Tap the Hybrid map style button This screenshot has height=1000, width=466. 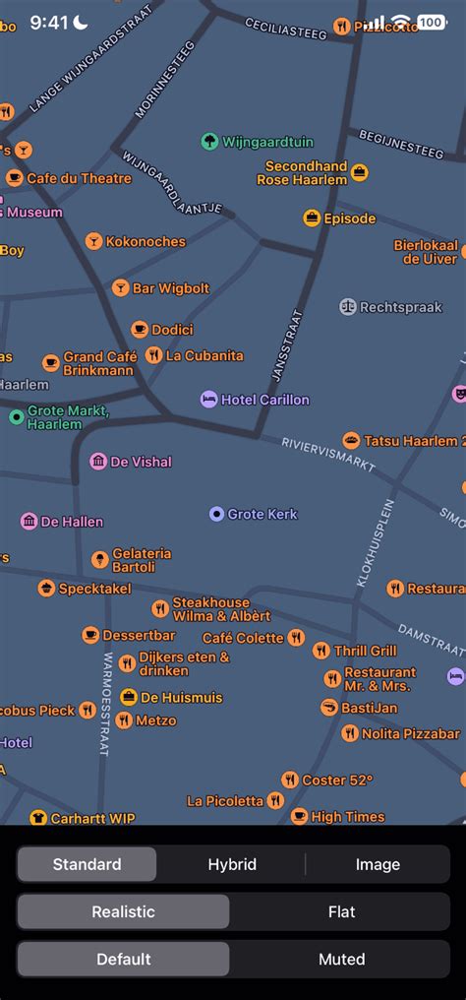[x=232, y=864]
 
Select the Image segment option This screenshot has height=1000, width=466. [x=378, y=864]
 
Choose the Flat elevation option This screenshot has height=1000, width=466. [x=341, y=911]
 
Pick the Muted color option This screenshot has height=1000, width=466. [x=341, y=959]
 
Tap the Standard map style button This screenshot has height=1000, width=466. [x=87, y=864]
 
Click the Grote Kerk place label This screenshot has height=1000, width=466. [x=262, y=514]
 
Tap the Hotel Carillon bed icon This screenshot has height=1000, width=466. [x=209, y=400]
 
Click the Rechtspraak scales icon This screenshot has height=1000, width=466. [x=348, y=307]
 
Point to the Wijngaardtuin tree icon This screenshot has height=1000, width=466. [x=209, y=142]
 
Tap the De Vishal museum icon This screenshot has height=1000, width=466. [x=98, y=462]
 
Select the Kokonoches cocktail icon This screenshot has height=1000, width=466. [x=93, y=241]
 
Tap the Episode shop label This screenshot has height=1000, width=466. [x=350, y=219]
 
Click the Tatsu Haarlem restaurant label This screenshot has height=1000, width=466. [x=410, y=441]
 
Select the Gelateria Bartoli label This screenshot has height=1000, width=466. [x=142, y=560]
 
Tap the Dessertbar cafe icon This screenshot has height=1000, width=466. [x=90, y=636]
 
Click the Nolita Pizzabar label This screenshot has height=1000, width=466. [x=411, y=733]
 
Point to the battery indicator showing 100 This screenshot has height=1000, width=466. [x=431, y=22]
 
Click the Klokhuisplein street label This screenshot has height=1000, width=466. [x=375, y=543]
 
